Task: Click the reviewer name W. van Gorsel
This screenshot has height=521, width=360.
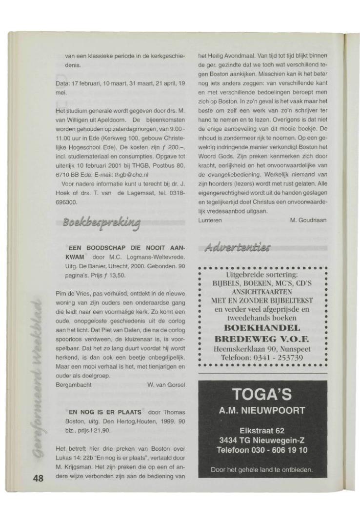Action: point(166,385)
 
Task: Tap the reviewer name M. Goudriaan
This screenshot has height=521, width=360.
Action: point(308,220)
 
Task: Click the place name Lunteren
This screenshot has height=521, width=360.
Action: point(211,220)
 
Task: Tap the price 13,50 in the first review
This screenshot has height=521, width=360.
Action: point(117,275)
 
